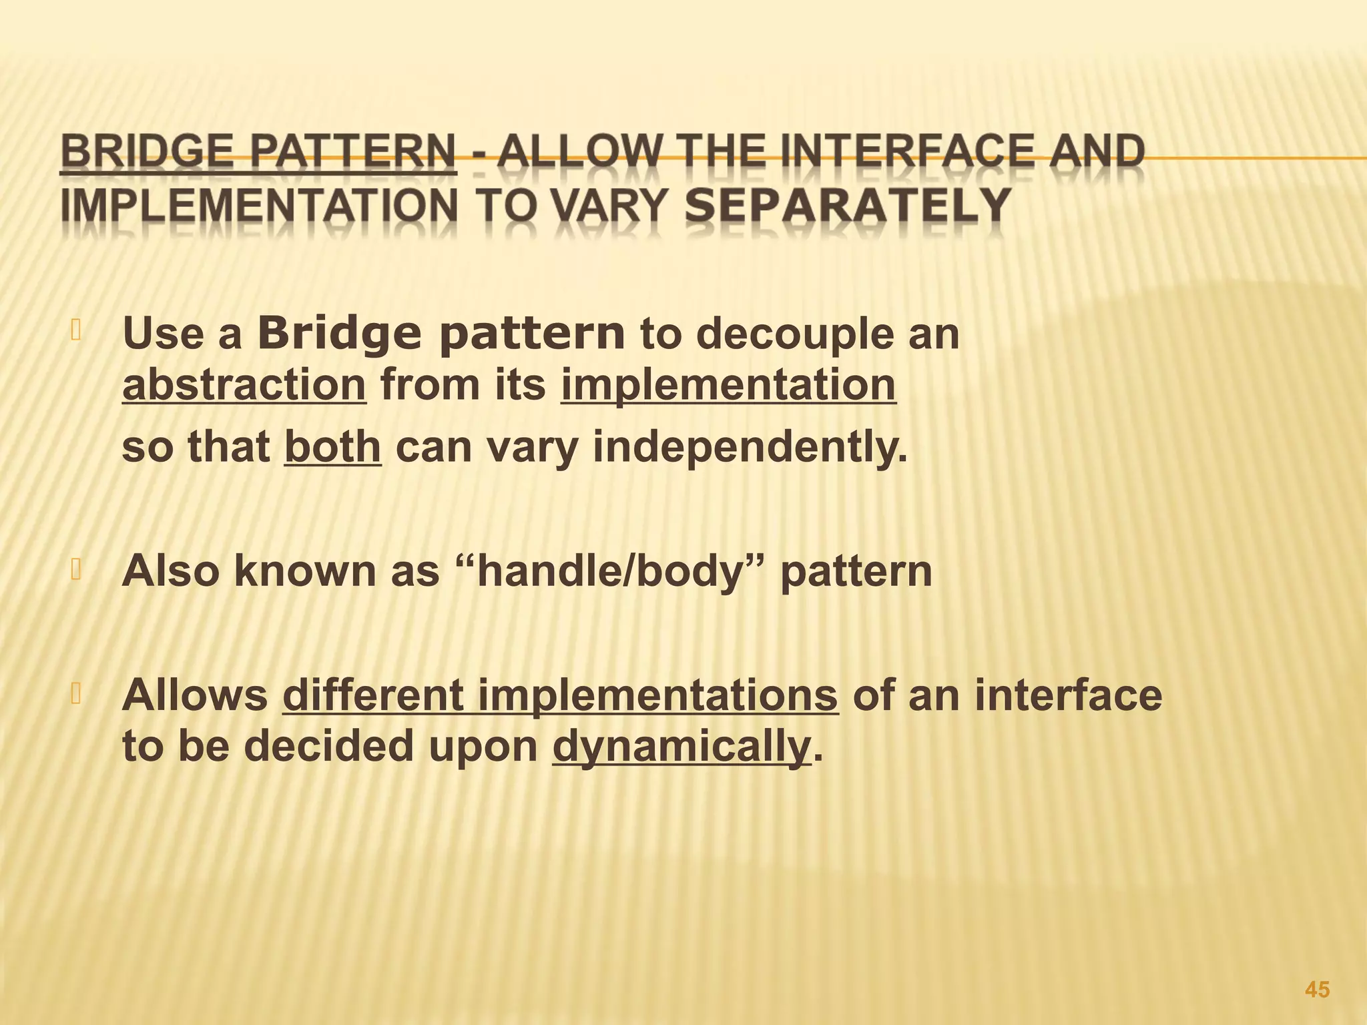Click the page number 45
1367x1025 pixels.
pyautogui.click(x=1316, y=990)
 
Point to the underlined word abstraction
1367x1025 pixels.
pyautogui.click(x=244, y=386)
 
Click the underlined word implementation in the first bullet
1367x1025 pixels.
pyautogui.click(x=728, y=386)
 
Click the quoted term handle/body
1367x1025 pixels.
pyautogui.click(x=611, y=571)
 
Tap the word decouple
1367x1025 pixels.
pyautogui.click(x=784, y=335)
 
